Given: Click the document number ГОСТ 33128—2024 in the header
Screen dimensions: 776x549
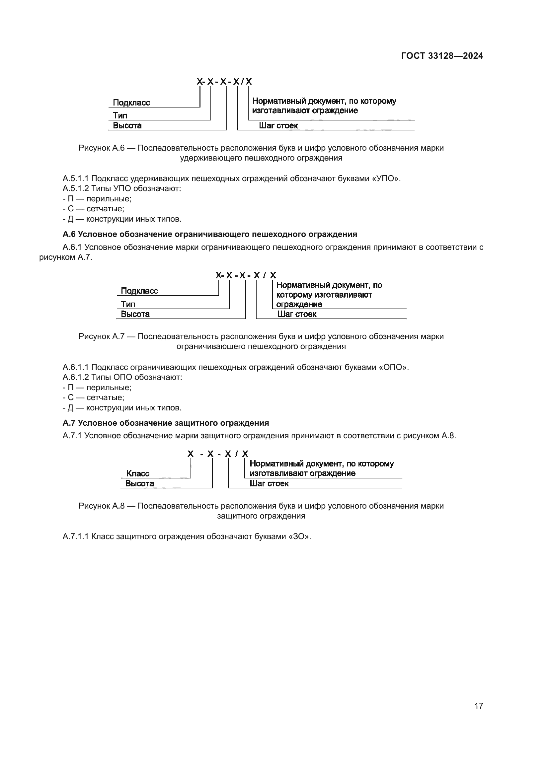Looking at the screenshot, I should coord(442,56).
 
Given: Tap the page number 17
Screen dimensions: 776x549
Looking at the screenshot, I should coord(479,706).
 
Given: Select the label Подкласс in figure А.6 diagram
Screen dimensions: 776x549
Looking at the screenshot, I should coord(131,103).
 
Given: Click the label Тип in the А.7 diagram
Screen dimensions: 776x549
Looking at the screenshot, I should coord(128,304).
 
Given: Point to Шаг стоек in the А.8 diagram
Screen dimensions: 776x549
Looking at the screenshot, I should coord(269,483).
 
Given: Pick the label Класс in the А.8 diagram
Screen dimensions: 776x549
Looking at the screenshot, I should coord(138,473).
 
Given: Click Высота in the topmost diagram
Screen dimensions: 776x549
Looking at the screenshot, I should coord(127,126).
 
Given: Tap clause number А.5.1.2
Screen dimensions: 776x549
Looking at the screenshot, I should coord(75,188).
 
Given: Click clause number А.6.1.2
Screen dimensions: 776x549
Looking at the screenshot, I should coord(75,377).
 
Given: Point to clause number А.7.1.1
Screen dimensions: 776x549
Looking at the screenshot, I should coord(75,536).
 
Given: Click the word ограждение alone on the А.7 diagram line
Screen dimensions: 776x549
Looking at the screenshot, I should coord(299,305).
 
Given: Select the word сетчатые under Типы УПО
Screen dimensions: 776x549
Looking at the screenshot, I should coord(105,209).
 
